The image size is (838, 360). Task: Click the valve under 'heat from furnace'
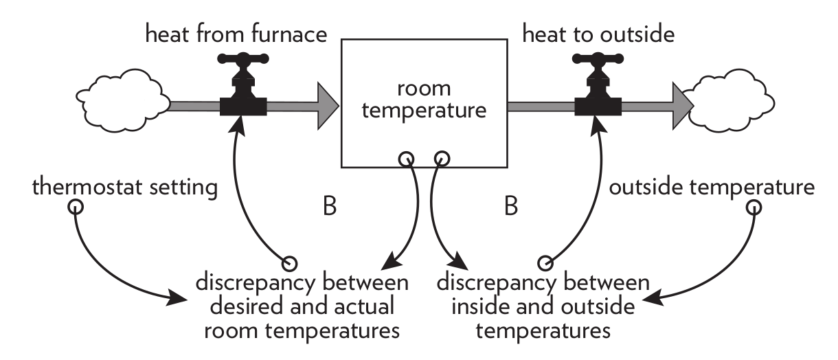[x=243, y=93]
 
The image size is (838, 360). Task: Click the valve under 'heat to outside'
[x=598, y=93]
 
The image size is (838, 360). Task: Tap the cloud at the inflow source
[x=122, y=105]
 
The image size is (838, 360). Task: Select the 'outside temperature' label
[x=714, y=186]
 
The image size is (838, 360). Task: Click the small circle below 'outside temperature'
[x=754, y=205]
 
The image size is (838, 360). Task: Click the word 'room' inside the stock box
[x=423, y=90]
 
